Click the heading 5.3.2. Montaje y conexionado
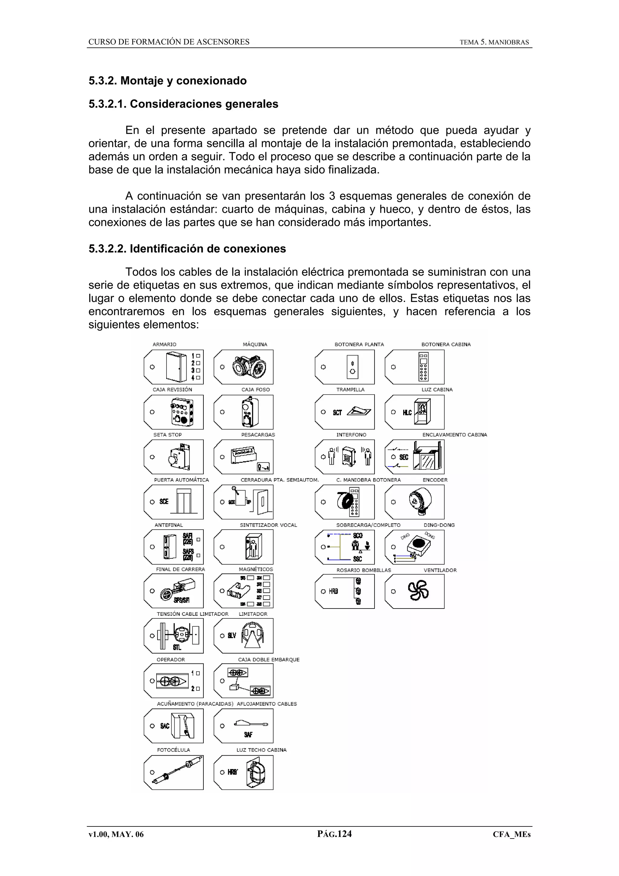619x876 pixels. coord(167,81)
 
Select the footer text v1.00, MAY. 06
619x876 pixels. coord(116,834)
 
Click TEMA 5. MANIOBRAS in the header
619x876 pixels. coord(494,42)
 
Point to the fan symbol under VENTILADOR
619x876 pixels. coord(418,591)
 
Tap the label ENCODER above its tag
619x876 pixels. coord(435,480)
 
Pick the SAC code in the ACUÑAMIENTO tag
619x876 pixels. coord(164,726)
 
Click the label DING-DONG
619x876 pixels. coord(439,525)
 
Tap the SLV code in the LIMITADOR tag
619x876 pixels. coord(232,636)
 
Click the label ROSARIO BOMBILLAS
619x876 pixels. coord(364,570)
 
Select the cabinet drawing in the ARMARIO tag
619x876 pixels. coord(176,367)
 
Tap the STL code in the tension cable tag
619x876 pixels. coord(177,647)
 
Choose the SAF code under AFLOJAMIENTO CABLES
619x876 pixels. coord(248,735)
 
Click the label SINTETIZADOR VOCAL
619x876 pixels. coord(268,525)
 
